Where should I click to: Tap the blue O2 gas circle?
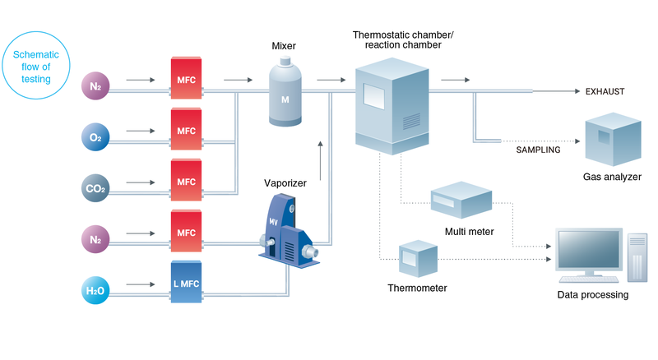pos(95,135)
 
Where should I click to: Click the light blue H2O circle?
pos(95,290)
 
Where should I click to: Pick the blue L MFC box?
pos(186,284)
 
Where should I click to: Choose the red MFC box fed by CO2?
pos(186,181)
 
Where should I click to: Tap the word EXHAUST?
pos(605,92)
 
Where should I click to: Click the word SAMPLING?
pos(538,150)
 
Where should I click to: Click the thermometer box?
pos(418,258)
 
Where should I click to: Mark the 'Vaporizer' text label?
pos(285,183)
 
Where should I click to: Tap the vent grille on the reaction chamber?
pos(409,120)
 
